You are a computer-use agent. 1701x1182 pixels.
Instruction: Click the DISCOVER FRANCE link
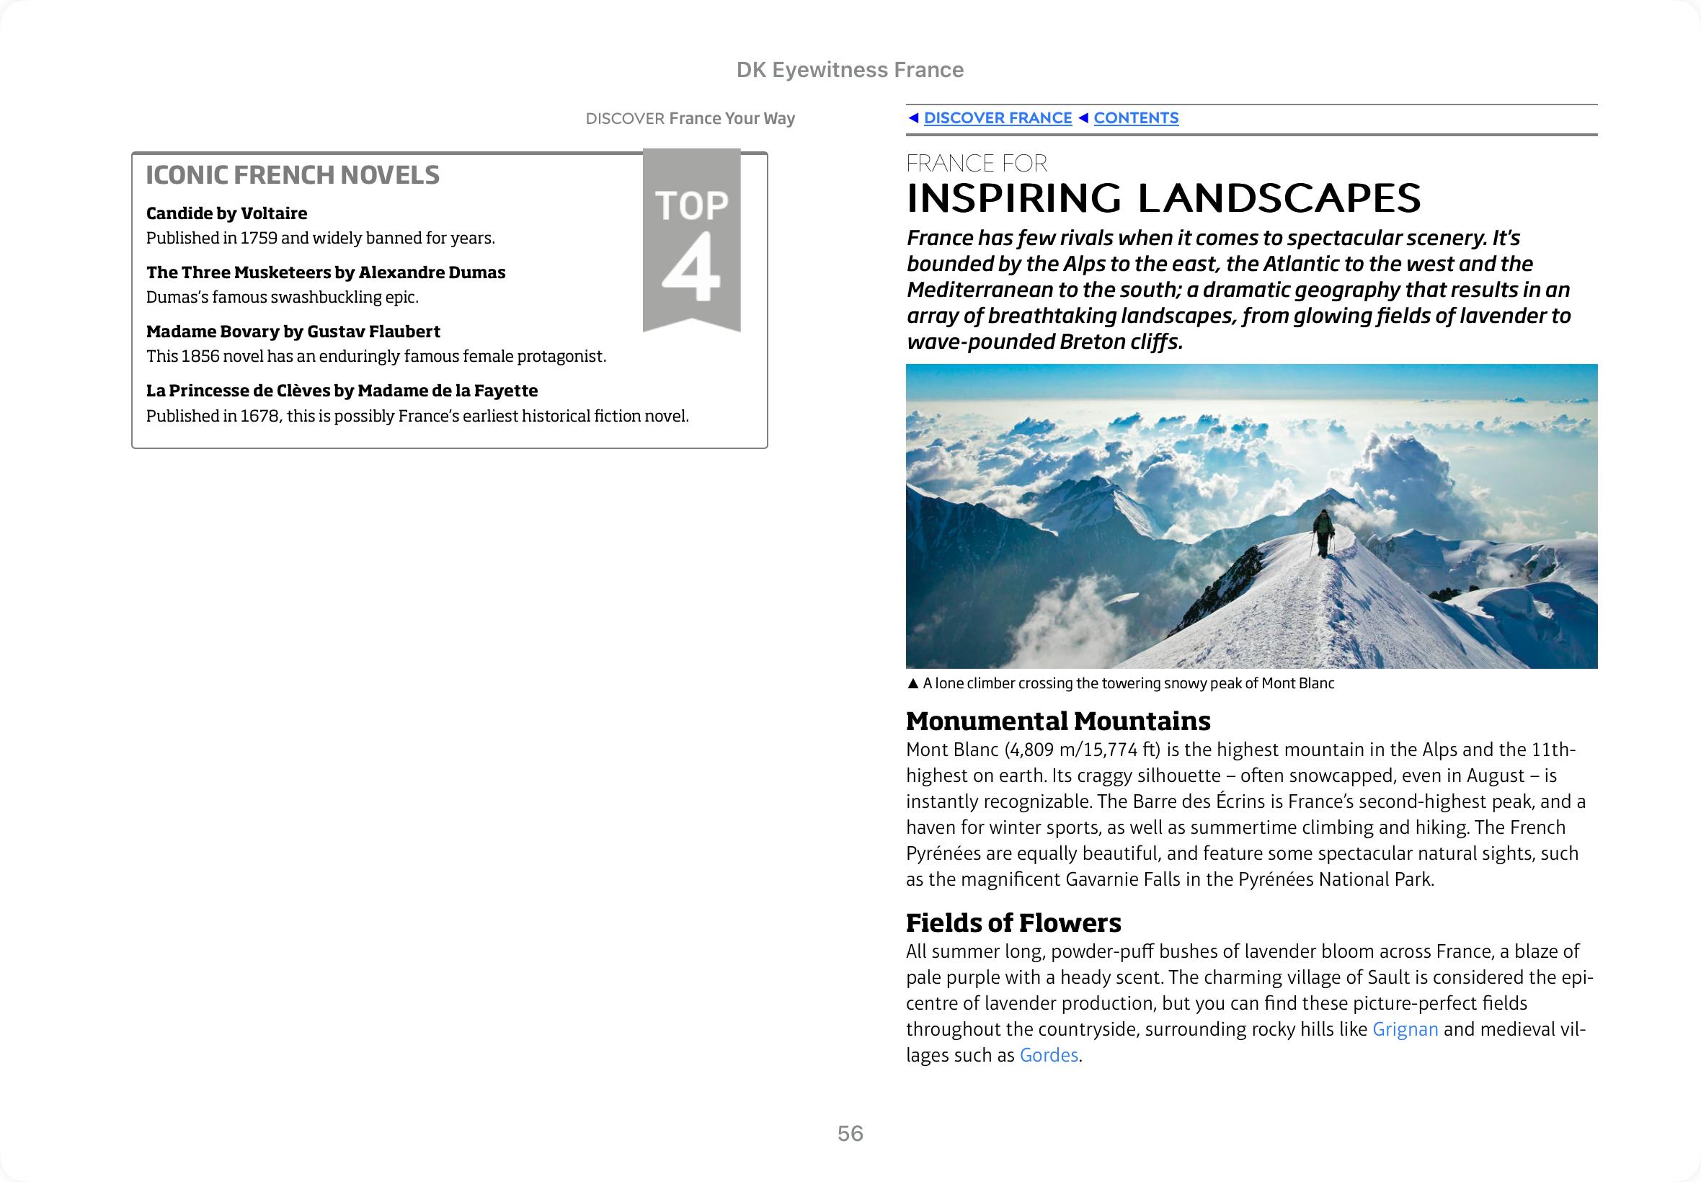pyautogui.click(x=997, y=117)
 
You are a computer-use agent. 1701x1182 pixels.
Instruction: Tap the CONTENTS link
pyautogui.click(x=1135, y=117)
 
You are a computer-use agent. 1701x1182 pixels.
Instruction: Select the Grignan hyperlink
pyautogui.click(x=1405, y=1028)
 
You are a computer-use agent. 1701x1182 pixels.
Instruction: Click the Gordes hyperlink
pyautogui.click(x=1049, y=1054)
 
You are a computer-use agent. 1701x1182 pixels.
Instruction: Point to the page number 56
pyautogui.click(x=850, y=1133)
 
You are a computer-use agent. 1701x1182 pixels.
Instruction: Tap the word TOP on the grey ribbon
pyautogui.click(x=692, y=205)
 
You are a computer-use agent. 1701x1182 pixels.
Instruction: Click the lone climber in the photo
pyautogui.click(x=1323, y=530)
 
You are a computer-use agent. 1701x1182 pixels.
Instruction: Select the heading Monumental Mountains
pyautogui.click(x=1058, y=721)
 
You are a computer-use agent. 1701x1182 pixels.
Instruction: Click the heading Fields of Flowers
pyautogui.click(x=1013, y=923)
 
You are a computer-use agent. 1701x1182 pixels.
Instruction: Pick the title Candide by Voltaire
pyautogui.click(x=226, y=213)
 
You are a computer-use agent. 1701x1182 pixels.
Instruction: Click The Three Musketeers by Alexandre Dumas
pyautogui.click(x=326, y=272)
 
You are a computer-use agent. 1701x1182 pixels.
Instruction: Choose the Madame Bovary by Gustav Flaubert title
pyautogui.click(x=293, y=331)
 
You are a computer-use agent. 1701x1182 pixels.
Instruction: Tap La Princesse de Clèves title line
pyautogui.click(x=342, y=391)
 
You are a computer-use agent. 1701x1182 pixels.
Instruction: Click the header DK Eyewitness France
pyautogui.click(x=850, y=70)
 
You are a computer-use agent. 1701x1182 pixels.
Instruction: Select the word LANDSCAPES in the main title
pyautogui.click(x=1279, y=198)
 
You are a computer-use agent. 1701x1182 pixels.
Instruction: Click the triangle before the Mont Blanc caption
pyautogui.click(x=912, y=683)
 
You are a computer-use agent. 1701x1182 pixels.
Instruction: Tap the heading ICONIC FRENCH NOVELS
pyautogui.click(x=293, y=175)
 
